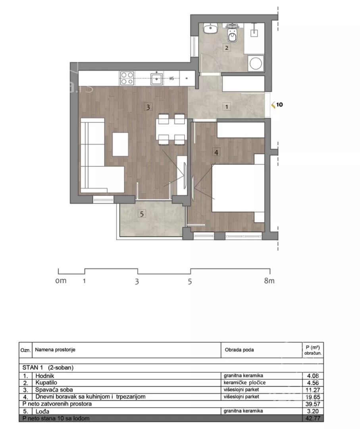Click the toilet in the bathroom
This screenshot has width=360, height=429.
232,34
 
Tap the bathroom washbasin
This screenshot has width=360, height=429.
210,29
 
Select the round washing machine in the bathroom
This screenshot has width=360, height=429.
256,64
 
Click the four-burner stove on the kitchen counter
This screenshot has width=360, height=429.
127,78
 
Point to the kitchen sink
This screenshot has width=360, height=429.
157,79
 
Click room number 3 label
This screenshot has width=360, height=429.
148,107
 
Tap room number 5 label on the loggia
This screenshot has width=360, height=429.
142,214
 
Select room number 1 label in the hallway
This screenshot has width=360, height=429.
227,107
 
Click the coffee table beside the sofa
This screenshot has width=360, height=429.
120,144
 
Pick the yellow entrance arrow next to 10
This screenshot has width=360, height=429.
273,104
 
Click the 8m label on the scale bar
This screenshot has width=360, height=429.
269,281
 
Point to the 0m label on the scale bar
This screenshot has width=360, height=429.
61,281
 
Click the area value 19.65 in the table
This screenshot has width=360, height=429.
313,397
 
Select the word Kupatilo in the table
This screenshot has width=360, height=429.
46,383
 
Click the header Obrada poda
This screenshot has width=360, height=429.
239,350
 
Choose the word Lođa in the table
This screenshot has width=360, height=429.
42,411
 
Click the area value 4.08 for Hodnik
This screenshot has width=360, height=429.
313,376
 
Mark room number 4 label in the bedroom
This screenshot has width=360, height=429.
216,153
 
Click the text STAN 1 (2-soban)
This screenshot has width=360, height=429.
48,367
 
